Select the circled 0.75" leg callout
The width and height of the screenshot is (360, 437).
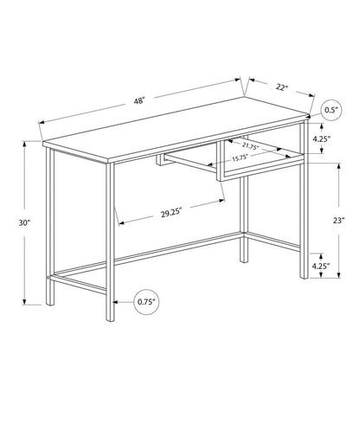click(x=146, y=301)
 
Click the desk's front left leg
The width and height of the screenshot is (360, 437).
click(x=111, y=234)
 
